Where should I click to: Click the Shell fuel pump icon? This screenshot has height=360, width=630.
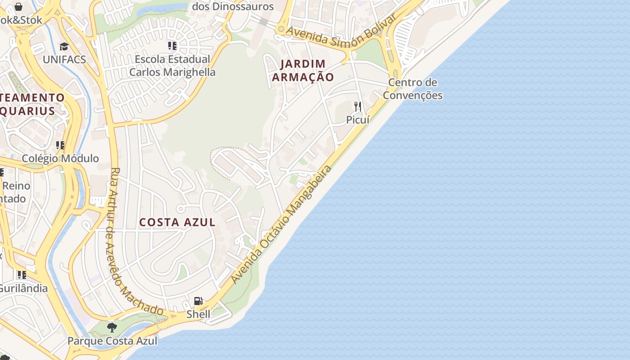click(x=198, y=301)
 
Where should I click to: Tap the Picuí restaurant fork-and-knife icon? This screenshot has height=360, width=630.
click(x=358, y=107)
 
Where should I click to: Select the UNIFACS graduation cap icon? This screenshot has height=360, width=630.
click(x=64, y=46)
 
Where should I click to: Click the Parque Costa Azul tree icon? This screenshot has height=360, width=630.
click(x=112, y=328)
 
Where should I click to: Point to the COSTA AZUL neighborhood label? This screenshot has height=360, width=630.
click(x=177, y=222)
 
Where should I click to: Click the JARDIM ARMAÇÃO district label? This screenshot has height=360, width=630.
click(x=303, y=70)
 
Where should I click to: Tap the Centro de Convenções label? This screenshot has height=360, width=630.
click(x=413, y=89)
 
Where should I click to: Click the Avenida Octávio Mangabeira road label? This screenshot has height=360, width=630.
click(x=282, y=224)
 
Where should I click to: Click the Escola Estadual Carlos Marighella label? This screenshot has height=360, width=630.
click(x=172, y=66)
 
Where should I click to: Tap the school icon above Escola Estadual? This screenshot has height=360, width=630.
click(x=172, y=45)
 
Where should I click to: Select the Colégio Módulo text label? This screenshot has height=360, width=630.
click(x=60, y=158)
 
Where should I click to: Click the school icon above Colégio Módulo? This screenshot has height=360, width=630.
click(x=60, y=145)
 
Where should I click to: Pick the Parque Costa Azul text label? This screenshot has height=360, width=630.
click(x=112, y=341)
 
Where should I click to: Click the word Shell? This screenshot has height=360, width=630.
click(x=198, y=314)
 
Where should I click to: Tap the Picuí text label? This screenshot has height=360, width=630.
click(x=358, y=120)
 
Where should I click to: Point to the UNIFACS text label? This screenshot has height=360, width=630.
click(x=64, y=59)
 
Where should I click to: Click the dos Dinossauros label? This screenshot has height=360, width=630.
click(x=233, y=7)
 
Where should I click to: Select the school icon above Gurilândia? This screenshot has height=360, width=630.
click(x=22, y=274)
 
